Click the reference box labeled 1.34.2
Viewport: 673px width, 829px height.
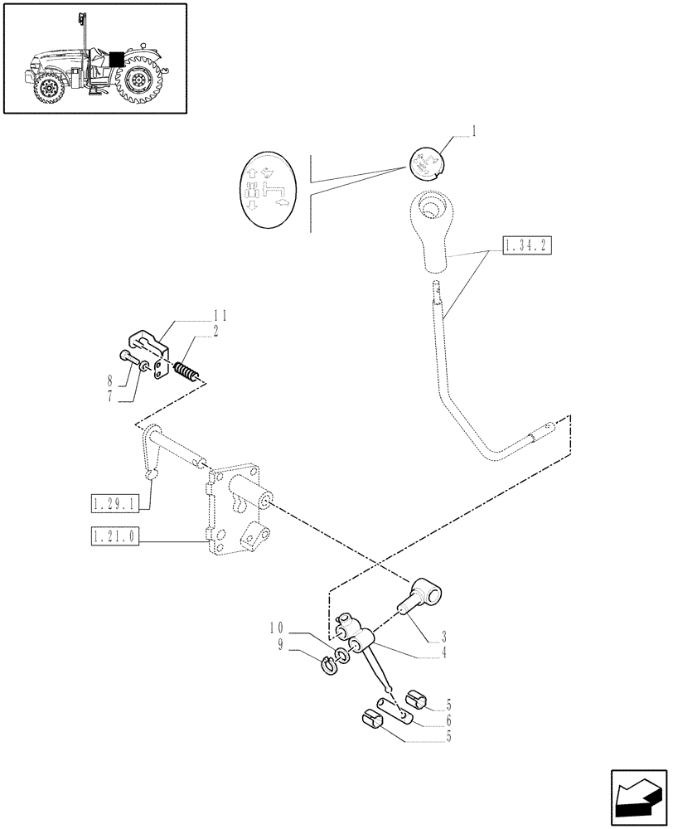click(x=526, y=245)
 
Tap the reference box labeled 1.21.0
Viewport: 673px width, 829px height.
click(x=116, y=538)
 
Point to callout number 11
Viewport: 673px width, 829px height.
click(x=220, y=315)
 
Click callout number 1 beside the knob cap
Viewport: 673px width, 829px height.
click(x=473, y=131)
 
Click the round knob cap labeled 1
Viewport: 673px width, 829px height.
click(x=428, y=163)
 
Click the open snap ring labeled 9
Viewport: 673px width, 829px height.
click(x=332, y=662)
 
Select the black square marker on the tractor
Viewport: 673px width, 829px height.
click(x=116, y=60)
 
